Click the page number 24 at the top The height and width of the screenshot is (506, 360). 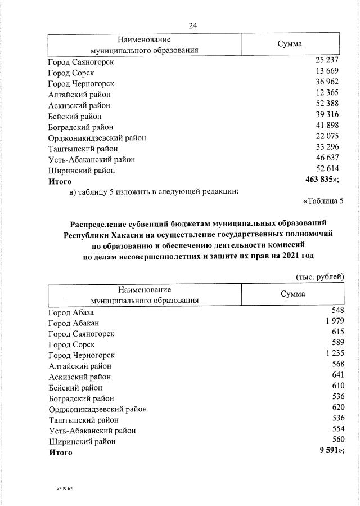tap(193, 25)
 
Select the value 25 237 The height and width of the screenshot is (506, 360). tap(327, 61)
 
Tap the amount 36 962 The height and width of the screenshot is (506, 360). tap(327, 83)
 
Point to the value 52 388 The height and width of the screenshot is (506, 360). tap(327, 105)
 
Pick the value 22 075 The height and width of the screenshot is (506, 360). tap(327, 137)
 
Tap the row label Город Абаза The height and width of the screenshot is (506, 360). tap(71, 312)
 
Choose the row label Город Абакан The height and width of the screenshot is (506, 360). tap(74, 323)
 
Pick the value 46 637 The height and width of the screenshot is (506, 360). tap(327, 159)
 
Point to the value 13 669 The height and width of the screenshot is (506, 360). tap(327, 72)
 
